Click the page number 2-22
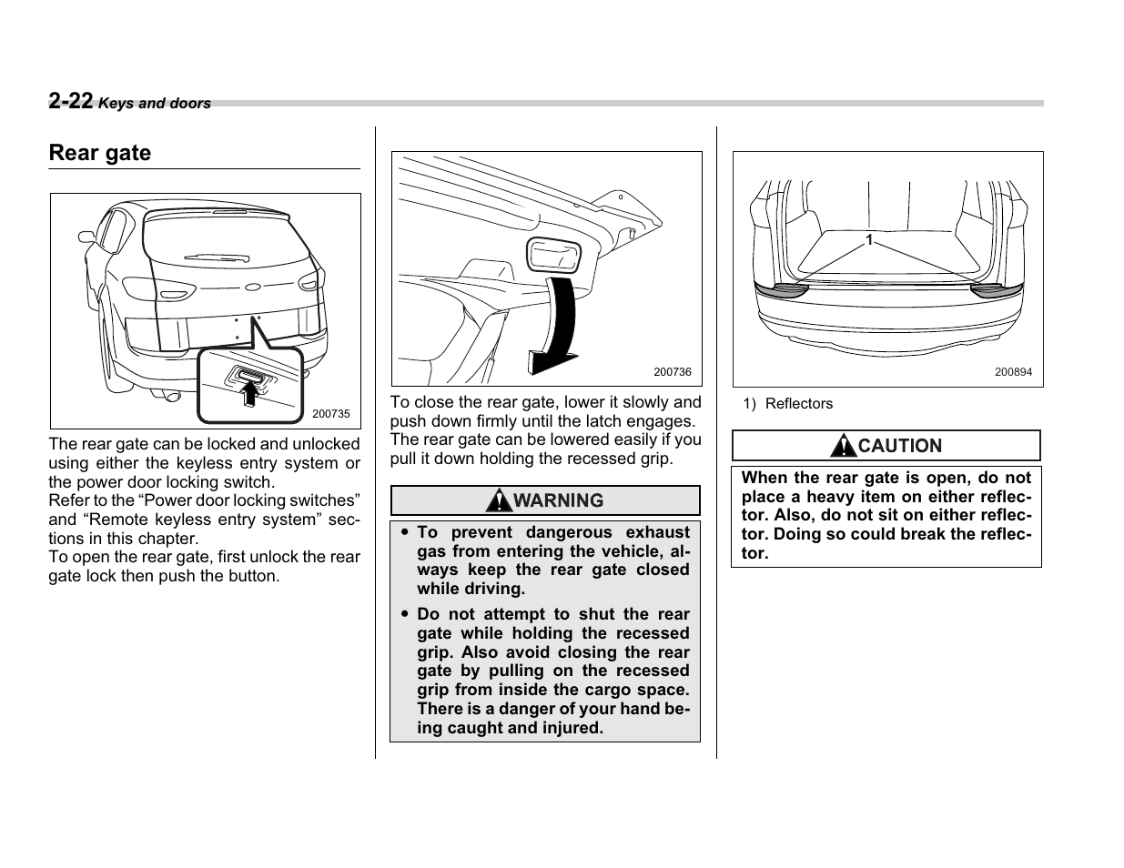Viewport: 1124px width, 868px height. click(71, 101)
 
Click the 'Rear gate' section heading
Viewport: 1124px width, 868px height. click(100, 153)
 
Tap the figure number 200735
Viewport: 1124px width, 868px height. click(330, 414)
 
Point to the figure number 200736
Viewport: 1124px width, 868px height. click(673, 372)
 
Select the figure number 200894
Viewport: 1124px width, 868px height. click(1013, 372)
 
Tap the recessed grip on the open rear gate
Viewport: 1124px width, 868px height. click(553, 255)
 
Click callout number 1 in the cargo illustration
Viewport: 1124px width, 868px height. click(868, 240)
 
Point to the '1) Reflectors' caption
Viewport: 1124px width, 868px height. click(787, 404)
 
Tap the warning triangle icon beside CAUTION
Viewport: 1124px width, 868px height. click(843, 446)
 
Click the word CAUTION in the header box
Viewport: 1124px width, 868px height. click(899, 446)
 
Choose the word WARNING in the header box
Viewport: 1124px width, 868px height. click(557, 500)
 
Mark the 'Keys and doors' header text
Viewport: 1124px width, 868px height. click(155, 104)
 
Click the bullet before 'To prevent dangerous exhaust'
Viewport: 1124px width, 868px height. click(403, 533)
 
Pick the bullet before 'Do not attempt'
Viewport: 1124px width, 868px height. click(403, 615)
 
